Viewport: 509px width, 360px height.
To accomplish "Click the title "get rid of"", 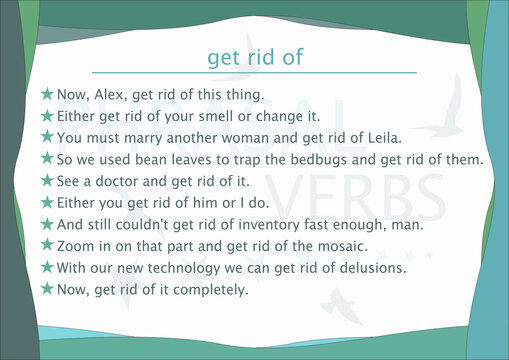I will pyautogui.click(x=254, y=58).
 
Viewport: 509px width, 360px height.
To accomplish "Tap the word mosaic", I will pyautogui.click(x=339, y=246).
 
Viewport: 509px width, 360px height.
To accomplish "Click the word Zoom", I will pyautogui.click(x=78, y=246).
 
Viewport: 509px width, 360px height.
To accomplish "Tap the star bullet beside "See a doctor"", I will pyautogui.click(x=47, y=181).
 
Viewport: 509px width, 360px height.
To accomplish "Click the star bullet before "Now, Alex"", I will pyautogui.click(x=47, y=95).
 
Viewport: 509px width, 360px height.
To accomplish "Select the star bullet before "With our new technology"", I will pyautogui.click(x=47, y=267).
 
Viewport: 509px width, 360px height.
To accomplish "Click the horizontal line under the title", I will pyautogui.click(x=254, y=73).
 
